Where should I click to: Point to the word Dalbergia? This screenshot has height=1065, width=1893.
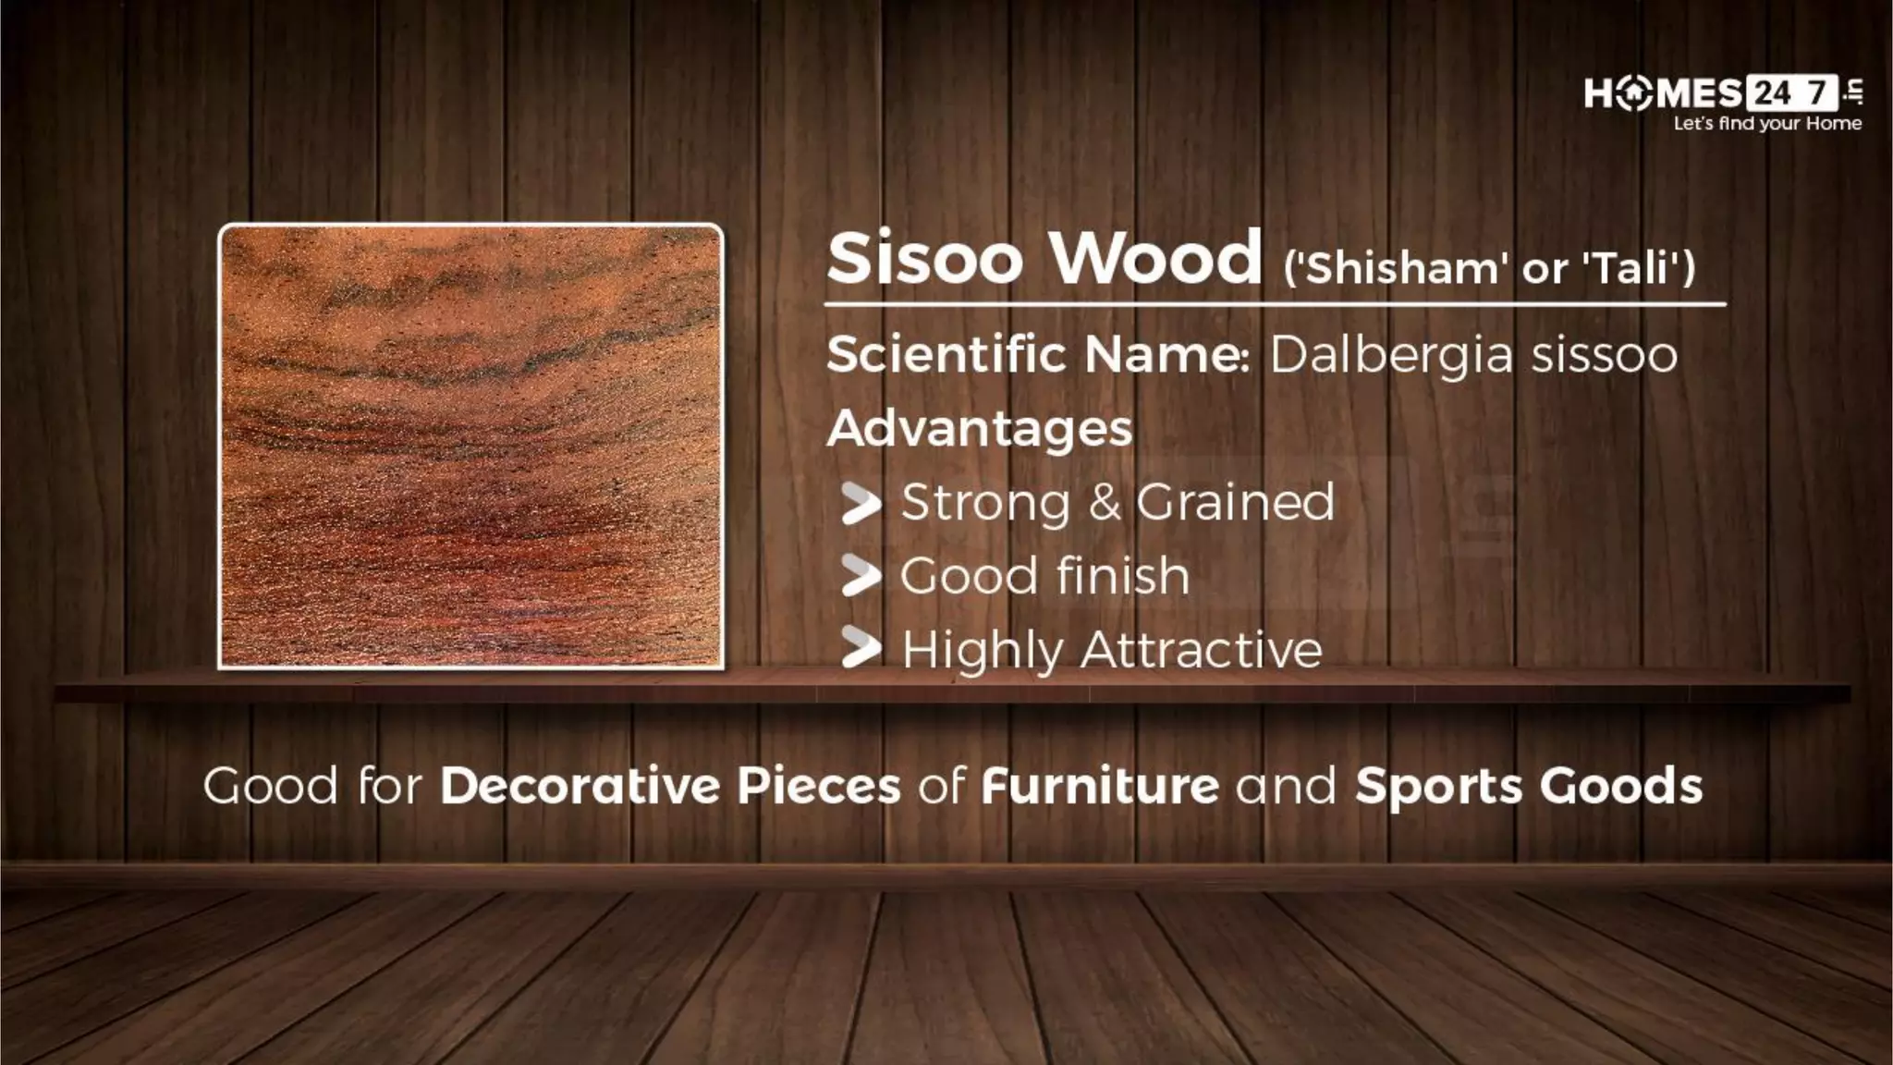1392,355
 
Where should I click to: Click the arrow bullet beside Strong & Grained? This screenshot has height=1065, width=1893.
861,505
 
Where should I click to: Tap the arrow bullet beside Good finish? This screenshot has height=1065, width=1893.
861,577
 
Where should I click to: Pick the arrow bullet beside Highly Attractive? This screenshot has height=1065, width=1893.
861,649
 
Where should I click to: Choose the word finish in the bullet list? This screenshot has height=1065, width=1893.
1123,575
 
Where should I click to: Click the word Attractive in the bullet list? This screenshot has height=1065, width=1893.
1201,649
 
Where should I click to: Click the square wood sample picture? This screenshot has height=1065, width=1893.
470,446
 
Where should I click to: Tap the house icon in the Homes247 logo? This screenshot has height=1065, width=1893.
1634,93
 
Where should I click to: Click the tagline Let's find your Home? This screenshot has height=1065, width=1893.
1767,124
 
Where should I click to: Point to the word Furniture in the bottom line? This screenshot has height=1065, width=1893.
1100,786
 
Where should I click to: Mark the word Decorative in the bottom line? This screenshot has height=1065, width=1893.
580,786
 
